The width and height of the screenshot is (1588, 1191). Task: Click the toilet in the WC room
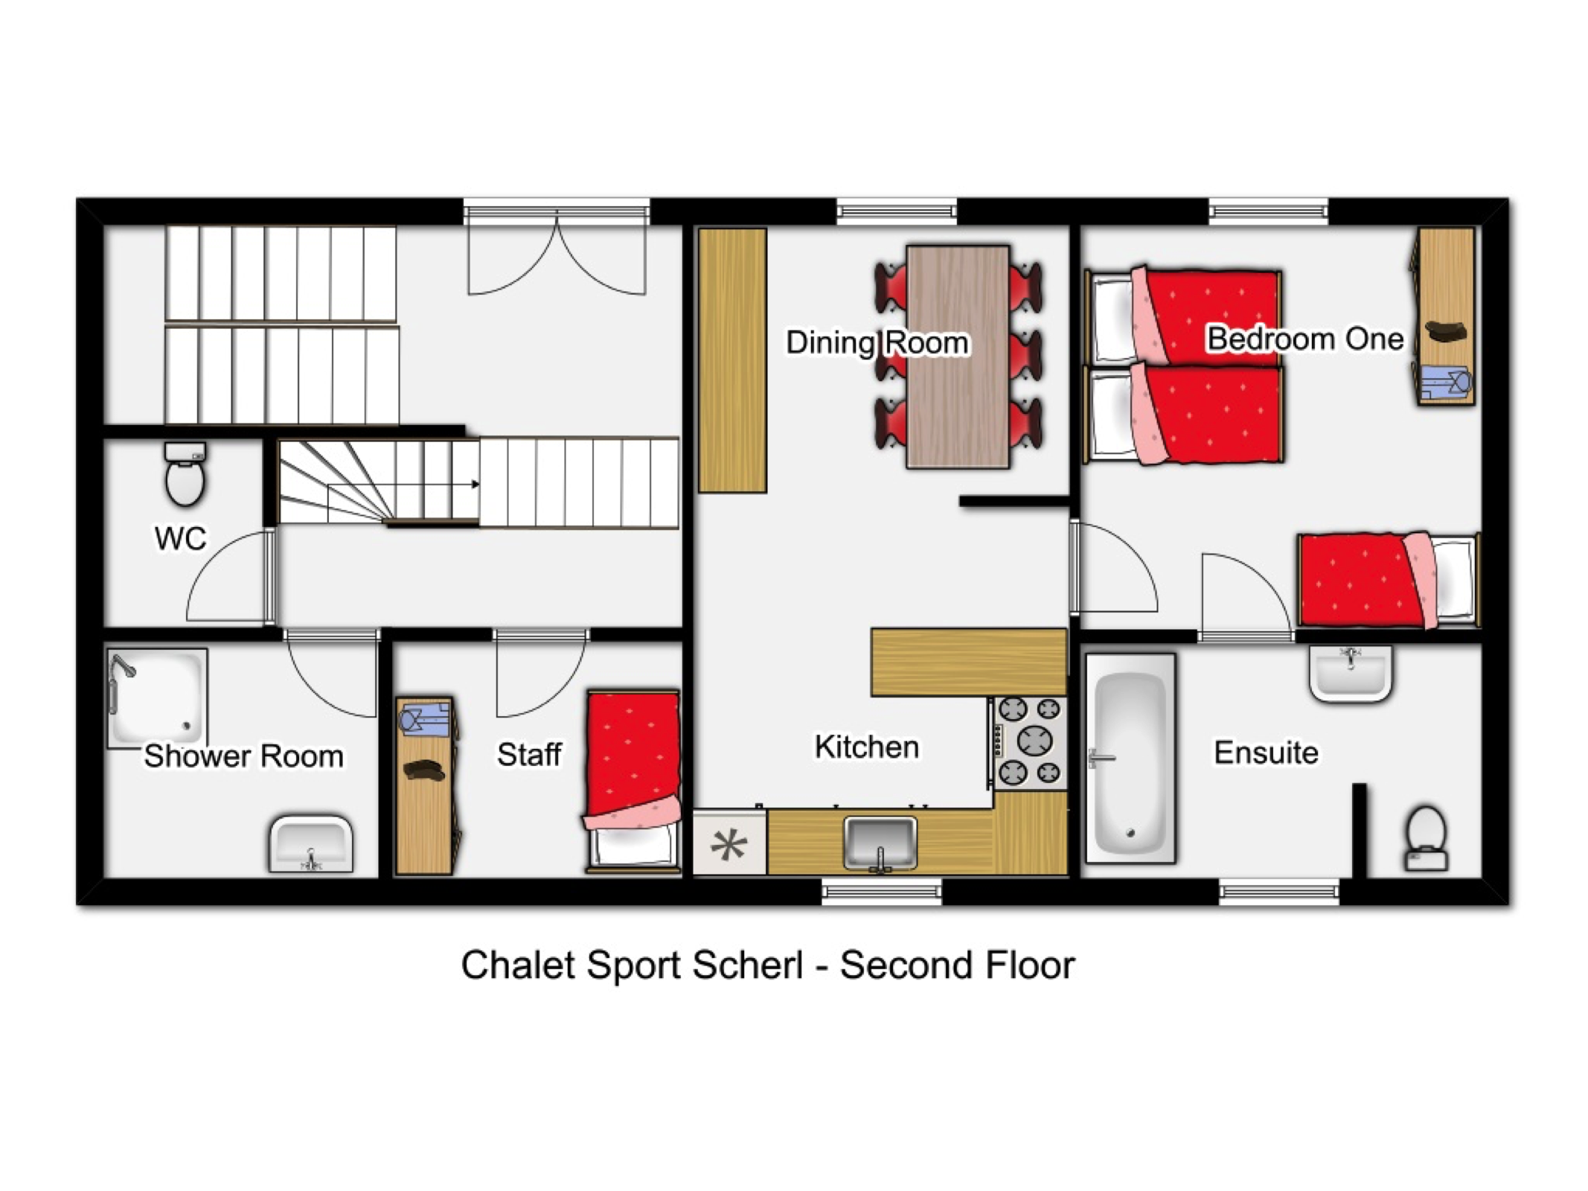click(185, 473)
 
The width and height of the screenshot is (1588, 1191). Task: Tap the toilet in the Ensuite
click(1426, 838)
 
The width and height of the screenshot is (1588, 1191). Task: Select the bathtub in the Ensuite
click(1130, 759)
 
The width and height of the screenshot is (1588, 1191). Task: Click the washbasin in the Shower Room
click(311, 844)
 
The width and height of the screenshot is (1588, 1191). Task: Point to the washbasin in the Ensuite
click(1350, 673)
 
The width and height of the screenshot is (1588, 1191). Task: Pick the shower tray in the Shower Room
click(157, 697)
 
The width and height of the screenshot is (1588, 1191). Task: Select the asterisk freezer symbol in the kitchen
click(729, 845)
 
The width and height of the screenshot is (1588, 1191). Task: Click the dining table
click(958, 357)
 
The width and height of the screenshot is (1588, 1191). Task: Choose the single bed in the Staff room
click(633, 780)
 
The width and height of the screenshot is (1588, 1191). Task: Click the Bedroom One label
click(1304, 339)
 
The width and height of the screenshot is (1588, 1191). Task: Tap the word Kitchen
click(866, 747)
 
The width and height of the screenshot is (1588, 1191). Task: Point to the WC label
click(180, 538)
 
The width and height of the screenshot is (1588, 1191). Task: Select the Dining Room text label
click(877, 342)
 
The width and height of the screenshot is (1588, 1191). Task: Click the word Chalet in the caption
click(518, 965)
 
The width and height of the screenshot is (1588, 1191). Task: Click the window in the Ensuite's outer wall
click(1278, 891)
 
